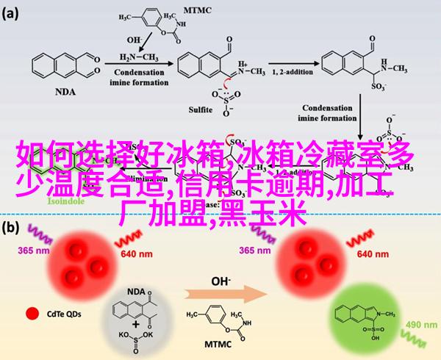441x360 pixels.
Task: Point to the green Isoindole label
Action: pos(67,200)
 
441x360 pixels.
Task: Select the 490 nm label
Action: pos(418,325)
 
